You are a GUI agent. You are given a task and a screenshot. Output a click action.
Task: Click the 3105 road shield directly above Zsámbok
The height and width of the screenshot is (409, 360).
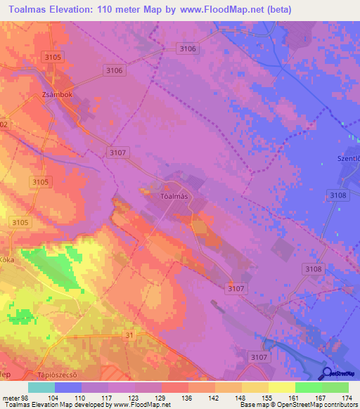point(53,56)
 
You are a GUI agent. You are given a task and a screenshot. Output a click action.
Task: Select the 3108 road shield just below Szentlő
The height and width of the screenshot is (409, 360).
point(337,195)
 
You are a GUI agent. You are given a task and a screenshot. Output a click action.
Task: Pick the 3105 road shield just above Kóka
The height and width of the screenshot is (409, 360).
point(20,223)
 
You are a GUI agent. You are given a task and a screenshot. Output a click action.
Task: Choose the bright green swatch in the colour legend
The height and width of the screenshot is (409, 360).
point(308,387)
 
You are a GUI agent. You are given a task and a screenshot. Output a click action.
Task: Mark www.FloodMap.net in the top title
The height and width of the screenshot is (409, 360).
point(215,10)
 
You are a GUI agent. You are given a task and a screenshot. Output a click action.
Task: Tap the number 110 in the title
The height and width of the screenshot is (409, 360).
point(106,10)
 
